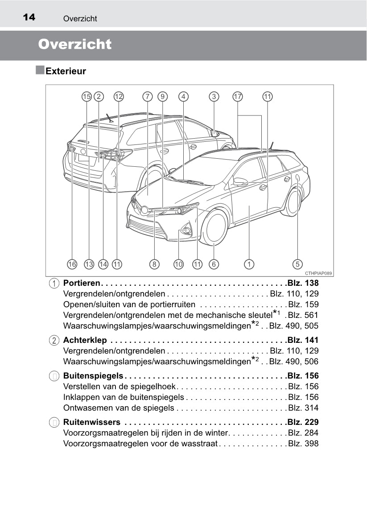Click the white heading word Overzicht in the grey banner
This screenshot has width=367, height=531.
point(75,45)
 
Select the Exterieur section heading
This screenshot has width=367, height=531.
point(66,71)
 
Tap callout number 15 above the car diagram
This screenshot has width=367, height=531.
point(86,96)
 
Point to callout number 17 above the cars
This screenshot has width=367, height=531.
point(238,96)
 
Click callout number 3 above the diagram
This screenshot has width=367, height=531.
point(214,96)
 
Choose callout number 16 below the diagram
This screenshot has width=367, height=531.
point(72,264)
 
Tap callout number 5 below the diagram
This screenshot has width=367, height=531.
point(297,264)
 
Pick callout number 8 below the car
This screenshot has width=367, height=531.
point(154,264)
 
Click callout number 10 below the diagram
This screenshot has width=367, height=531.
point(178,264)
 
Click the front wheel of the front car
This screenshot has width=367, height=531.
point(215,227)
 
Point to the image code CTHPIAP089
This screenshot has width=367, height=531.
point(319,273)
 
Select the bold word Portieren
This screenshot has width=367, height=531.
point(82,283)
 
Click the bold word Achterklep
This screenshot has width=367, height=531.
point(85,340)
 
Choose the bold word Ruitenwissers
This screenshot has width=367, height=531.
point(92,422)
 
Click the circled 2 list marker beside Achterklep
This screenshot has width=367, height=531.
point(54,340)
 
